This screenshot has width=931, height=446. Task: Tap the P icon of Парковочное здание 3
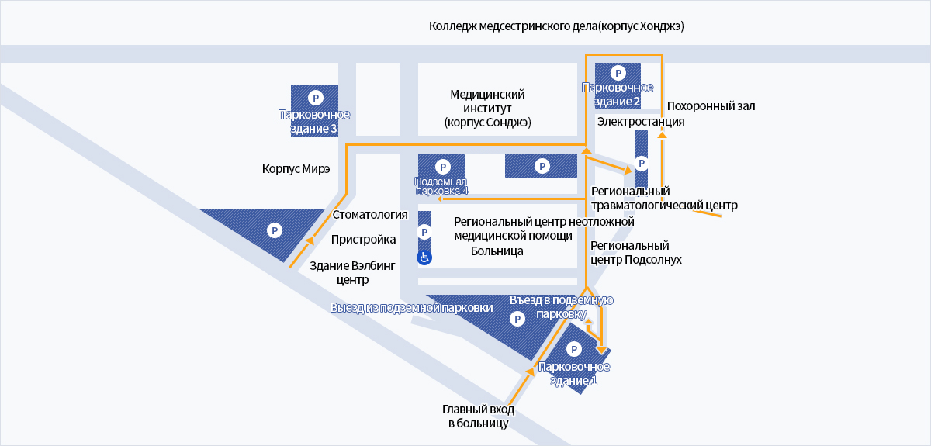pyautogui.click(x=316, y=98)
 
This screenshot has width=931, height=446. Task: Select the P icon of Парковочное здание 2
pyautogui.click(x=618, y=73)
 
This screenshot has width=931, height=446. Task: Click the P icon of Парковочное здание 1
pyautogui.click(x=574, y=349)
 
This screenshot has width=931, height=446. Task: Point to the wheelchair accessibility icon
pyautogui.click(x=424, y=258)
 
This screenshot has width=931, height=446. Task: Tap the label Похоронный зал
pyautogui.click(x=711, y=106)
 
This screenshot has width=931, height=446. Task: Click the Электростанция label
pyautogui.click(x=641, y=121)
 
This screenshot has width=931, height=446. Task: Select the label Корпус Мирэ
pyautogui.click(x=296, y=169)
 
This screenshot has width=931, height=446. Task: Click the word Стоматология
pyautogui.click(x=370, y=215)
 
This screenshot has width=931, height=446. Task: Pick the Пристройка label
pyautogui.click(x=363, y=240)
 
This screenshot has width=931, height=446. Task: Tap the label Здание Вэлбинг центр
pyautogui.click(x=352, y=273)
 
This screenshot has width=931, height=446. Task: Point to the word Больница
pyautogui.click(x=497, y=251)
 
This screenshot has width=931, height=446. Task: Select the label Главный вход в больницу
pyautogui.click(x=479, y=416)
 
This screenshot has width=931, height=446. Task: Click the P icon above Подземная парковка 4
pyautogui.click(x=443, y=167)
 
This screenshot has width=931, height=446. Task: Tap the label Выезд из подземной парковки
pyautogui.click(x=411, y=308)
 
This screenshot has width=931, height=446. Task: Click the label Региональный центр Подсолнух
pyautogui.click(x=636, y=253)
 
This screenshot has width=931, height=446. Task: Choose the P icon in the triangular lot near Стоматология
pyautogui.click(x=275, y=230)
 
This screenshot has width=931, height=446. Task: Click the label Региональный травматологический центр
pyautogui.click(x=664, y=199)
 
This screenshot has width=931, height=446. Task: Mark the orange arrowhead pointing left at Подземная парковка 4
pyautogui.click(x=440, y=199)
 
